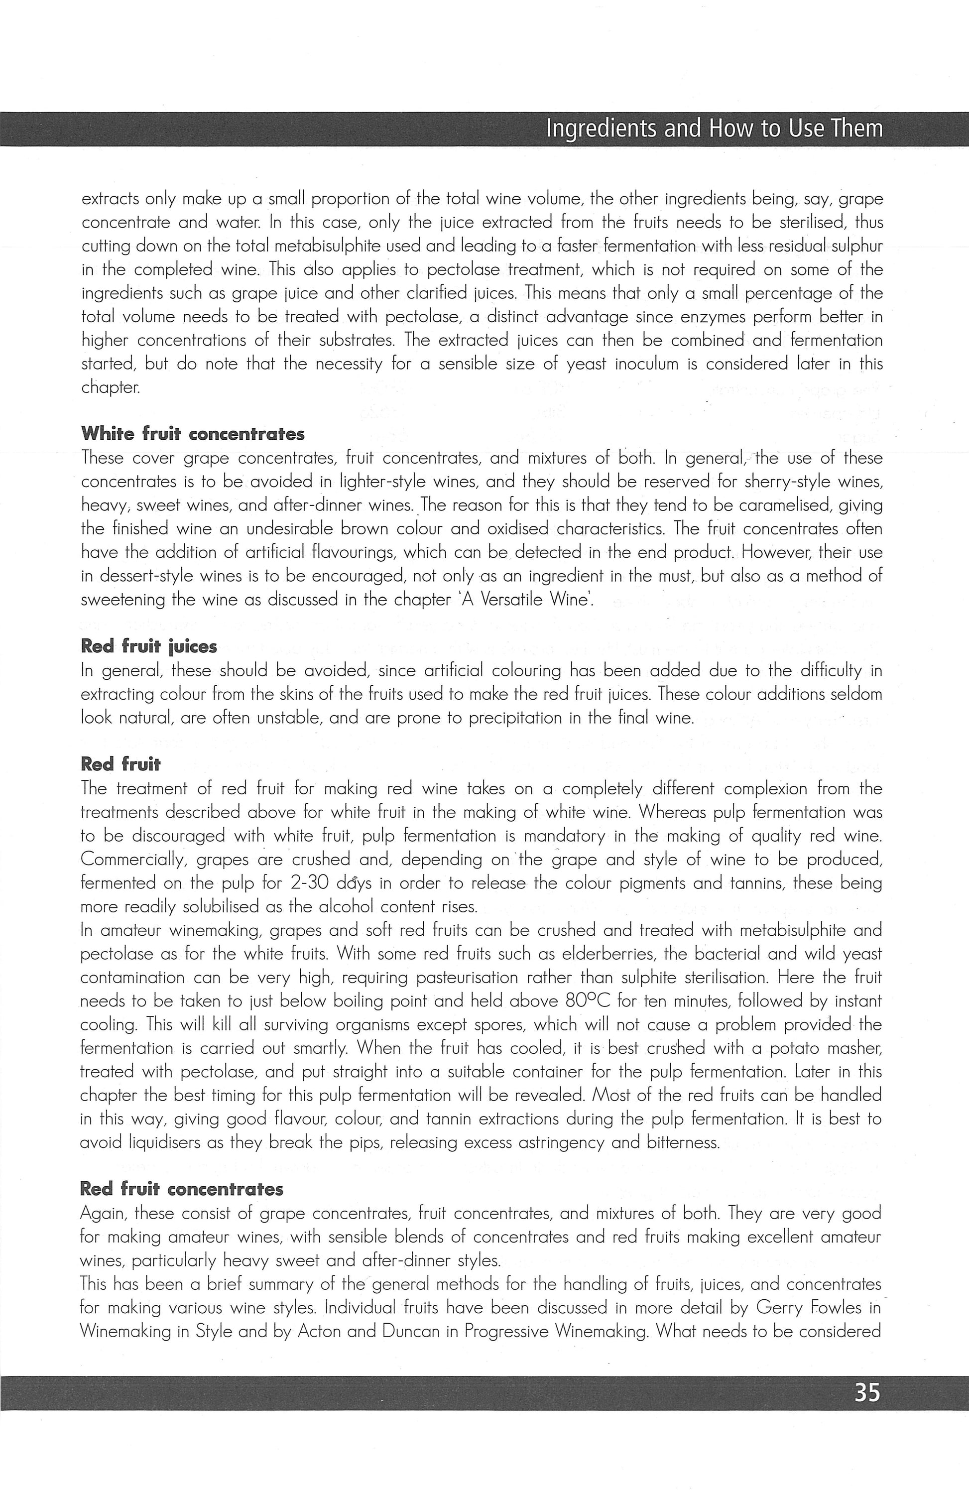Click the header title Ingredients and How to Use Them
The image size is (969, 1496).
[x=715, y=129]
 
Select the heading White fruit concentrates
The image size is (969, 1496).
[x=192, y=434]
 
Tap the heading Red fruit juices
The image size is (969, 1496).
[x=148, y=646]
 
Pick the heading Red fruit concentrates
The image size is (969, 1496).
[x=182, y=1189]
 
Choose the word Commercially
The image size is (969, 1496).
[x=134, y=859]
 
